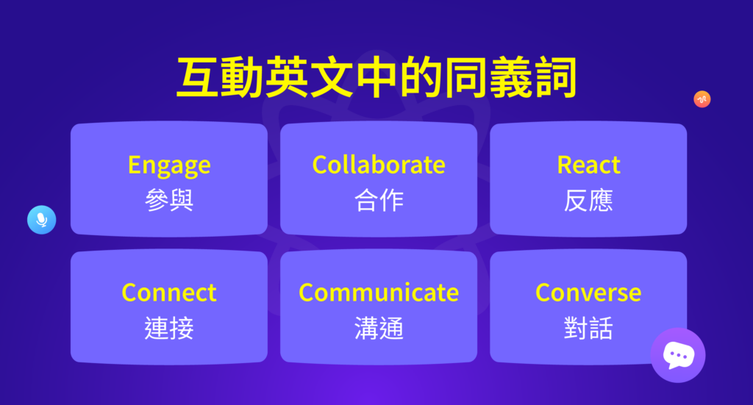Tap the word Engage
click(x=169, y=166)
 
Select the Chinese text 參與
click(x=169, y=200)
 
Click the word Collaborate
click(x=379, y=165)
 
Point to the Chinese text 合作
click(x=379, y=200)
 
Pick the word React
click(x=588, y=165)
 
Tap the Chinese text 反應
click(x=588, y=200)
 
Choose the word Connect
click(x=169, y=293)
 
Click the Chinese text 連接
click(x=169, y=329)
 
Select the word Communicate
click(x=379, y=293)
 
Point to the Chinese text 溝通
click(x=379, y=329)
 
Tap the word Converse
click(x=588, y=293)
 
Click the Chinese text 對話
click(x=588, y=329)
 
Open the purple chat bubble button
click(x=678, y=355)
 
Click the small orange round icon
click(x=702, y=99)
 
